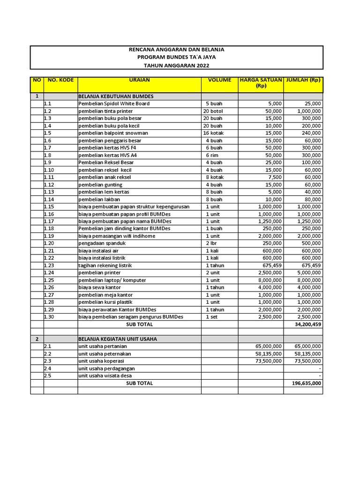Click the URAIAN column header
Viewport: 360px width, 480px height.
pos(139,80)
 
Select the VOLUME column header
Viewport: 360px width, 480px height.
pos(219,80)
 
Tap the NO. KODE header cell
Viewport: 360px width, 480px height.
pos(60,80)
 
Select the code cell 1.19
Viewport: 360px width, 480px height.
pos(49,236)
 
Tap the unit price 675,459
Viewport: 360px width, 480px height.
pos(270,265)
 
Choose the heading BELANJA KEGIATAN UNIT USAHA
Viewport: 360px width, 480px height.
pos(118,339)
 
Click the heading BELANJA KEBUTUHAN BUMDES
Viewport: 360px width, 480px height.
pos(116,96)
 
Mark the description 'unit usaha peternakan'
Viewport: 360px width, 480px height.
pos(105,353)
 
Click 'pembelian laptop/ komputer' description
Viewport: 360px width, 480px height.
pos(112,280)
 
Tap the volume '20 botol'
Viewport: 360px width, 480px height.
pos(213,111)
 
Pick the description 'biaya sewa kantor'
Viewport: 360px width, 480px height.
pos(99,287)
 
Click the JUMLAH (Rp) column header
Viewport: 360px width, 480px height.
pos(303,80)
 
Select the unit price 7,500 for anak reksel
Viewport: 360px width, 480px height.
pos(274,177)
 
